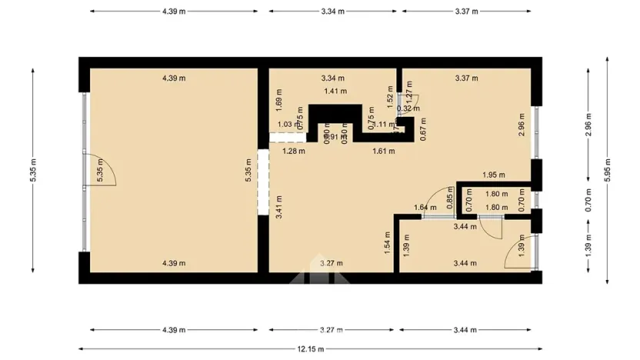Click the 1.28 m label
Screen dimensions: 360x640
[x=294, y=152]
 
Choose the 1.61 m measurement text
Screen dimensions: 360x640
[x=383, y=152]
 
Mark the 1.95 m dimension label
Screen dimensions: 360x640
[x=494, y=175]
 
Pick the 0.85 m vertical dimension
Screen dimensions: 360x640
[x=450, y=202]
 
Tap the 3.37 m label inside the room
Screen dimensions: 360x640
[x=466, y=78]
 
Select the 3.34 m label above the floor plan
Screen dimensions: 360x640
[x=332, y=12]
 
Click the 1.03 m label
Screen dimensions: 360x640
[x=285, y=125]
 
